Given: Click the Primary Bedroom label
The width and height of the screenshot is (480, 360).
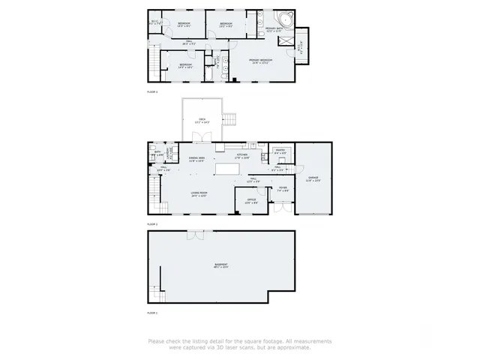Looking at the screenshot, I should coord(262,60).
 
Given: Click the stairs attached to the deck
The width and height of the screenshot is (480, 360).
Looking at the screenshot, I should coord(232,118).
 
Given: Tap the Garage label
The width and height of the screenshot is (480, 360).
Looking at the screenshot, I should coord(313,179).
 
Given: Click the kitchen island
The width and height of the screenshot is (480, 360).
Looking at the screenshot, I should coord(238,166).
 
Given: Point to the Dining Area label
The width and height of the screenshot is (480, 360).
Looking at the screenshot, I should coord(197,159).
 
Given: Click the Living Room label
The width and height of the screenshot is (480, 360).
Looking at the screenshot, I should coord(199,195).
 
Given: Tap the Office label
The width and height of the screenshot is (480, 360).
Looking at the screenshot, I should coord(251,201).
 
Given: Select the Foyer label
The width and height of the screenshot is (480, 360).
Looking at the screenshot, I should coord(283,189).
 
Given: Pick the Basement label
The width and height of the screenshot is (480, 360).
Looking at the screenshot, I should coord(220,265).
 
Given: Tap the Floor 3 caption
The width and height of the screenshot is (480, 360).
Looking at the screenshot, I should coord(151,91).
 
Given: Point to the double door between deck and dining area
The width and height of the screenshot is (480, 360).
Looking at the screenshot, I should coord(200,138).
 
